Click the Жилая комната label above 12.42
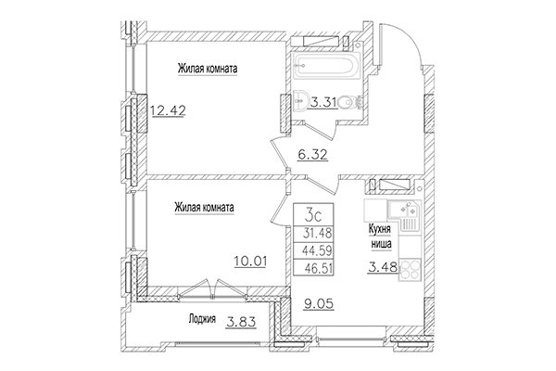pos(208,68)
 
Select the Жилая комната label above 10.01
pos(203,209)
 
